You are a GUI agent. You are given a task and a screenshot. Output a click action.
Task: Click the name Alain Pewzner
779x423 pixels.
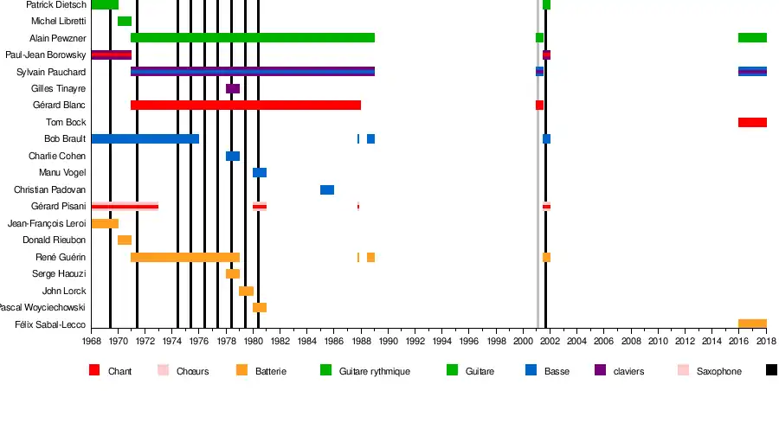click(57, 38)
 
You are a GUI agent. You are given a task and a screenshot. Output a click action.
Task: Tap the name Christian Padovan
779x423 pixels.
click(49, 189)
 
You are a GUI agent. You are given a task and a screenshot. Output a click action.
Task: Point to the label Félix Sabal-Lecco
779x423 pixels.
click(50, 324)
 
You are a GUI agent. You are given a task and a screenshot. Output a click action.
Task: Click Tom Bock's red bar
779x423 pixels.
click(752, 122)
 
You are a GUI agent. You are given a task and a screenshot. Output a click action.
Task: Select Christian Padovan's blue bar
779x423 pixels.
click(327, 189)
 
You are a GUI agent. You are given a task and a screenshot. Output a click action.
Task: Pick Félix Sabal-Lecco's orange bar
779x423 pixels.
click(752, 324)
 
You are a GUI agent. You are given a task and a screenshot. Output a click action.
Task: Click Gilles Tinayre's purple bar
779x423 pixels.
click(233, 88)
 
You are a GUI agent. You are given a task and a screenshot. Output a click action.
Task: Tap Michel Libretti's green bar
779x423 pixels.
click(125, 21)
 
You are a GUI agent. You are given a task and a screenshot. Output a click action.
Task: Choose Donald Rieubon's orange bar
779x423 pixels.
click(125, 240)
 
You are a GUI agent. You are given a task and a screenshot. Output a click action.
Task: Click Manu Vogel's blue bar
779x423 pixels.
click(260, 172)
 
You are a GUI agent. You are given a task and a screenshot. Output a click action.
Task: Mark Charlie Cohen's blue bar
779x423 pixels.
click(233, 156)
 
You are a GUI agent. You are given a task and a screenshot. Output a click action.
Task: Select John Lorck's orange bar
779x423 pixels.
click(247, 291)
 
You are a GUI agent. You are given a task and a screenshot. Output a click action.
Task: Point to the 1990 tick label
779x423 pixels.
click(388, 342)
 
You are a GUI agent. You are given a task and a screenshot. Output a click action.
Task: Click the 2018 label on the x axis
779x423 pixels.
click(766, 342)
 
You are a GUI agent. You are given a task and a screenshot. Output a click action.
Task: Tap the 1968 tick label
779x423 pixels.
click(92, 342)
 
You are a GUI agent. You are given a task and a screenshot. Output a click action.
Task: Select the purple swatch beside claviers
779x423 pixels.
click(600, 370)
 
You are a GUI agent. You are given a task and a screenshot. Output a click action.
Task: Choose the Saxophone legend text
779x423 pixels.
click(718, 371)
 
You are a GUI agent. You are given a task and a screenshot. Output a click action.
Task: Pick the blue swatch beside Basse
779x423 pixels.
click(531, 370)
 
